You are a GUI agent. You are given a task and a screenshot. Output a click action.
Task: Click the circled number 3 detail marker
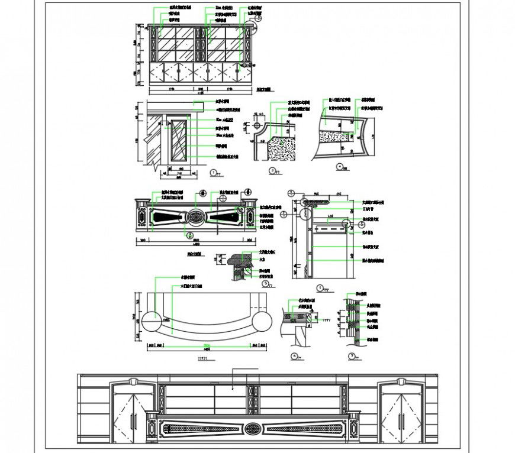coord(272,170)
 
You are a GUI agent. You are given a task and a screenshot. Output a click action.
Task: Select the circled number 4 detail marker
coord(339,166)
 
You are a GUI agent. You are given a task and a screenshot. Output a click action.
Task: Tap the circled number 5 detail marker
coord(265,283)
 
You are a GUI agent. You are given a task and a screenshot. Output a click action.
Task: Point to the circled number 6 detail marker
coord(294,356)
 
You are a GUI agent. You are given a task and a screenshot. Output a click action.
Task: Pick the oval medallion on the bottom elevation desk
coord(252,429)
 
